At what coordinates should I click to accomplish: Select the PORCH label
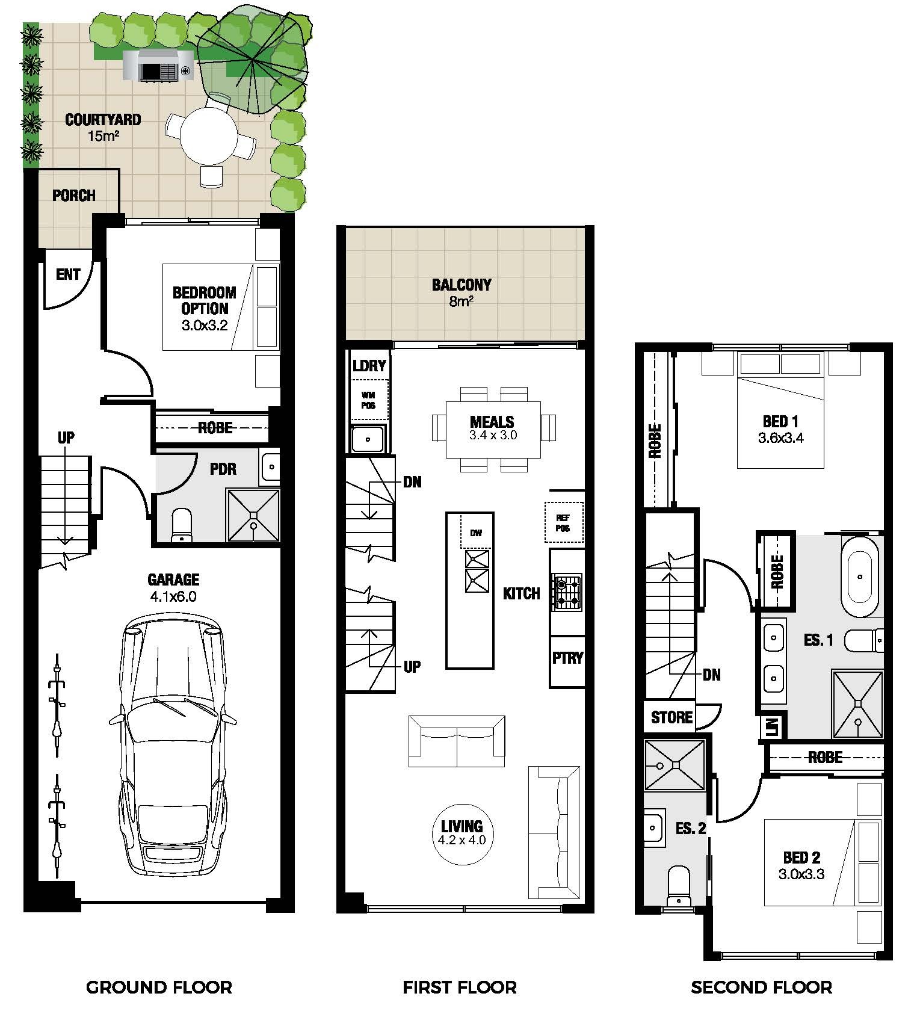tap(73, 196)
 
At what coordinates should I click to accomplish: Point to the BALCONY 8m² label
tap(462, 292)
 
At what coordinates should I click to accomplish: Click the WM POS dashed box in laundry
tap(368, 400)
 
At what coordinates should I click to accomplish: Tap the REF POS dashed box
tap(563, 522)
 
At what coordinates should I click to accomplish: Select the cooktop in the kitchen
tap(567, 592)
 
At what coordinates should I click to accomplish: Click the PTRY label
tap(567, 658)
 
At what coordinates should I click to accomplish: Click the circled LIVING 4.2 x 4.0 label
tap(462, 833)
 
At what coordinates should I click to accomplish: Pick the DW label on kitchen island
tap(476, 532)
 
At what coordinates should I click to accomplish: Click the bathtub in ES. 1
tap(860, 577)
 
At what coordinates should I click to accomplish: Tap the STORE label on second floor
tap(672, 717)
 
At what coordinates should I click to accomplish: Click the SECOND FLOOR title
tap(761, 988)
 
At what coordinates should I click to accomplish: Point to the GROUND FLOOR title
tap(159, 988)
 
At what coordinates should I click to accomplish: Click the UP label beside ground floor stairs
tap(66, 437)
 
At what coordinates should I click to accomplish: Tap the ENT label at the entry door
tap(67, 274)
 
